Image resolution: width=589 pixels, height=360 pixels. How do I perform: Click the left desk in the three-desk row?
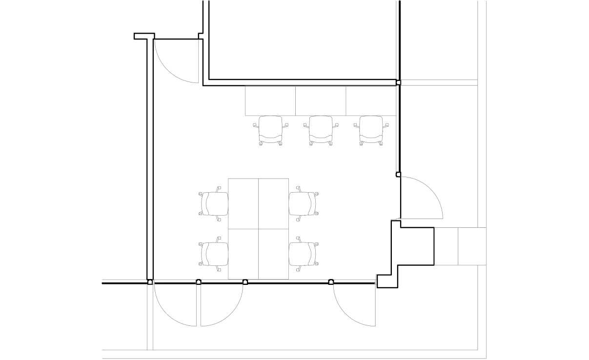pyautogui.click(x=269, y=100)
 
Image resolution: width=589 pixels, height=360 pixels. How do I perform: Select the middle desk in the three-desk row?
pyautogui.click(x=320, y=100)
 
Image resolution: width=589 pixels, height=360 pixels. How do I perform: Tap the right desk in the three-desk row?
pyautogui.click(x=371, y=100)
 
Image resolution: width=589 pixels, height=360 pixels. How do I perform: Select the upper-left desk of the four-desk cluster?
pyautogui.click(x=244, y=202)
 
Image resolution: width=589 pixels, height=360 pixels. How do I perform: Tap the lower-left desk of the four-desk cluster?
pyautogui.click(x=244, y=253)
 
